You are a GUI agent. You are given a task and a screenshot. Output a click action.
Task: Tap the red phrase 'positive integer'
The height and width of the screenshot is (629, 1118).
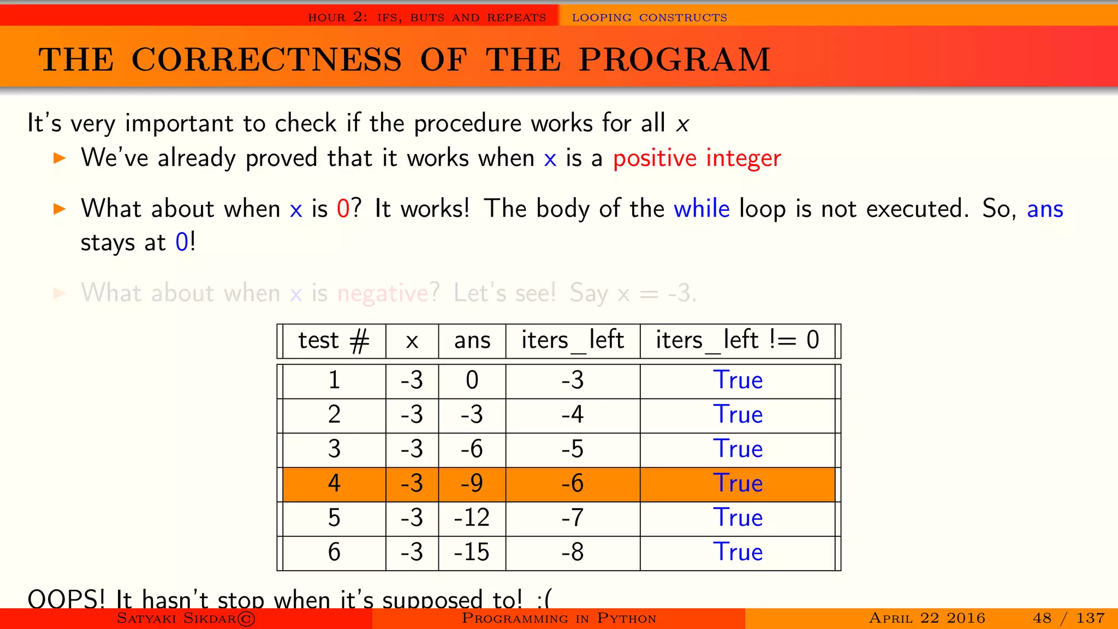point(697,158)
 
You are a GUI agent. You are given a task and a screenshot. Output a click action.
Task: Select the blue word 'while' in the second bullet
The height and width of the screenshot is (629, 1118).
point(701,209)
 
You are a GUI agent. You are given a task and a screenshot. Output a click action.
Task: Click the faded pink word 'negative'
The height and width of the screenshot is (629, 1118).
point(383,293)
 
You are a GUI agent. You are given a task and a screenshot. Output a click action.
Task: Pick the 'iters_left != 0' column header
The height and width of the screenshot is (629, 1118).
point(737,340)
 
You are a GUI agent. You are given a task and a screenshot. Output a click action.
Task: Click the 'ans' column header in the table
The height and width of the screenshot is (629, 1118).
point(472,340)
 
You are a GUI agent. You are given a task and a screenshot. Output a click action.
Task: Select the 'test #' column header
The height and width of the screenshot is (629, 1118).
point(334,340)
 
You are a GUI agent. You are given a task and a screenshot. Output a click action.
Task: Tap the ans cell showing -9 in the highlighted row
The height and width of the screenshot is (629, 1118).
point(472,484)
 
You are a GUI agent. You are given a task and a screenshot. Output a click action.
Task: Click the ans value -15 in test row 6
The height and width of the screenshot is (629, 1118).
point(472,552)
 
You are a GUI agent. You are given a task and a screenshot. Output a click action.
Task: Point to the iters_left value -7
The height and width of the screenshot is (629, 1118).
point(573,518)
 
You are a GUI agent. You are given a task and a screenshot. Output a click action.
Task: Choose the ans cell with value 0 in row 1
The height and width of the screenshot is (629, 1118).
point(472,381)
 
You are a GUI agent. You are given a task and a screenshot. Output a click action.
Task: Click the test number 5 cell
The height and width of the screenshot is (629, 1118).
point(334,518)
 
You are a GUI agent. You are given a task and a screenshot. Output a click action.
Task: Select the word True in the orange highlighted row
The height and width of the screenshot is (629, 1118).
point(738,484)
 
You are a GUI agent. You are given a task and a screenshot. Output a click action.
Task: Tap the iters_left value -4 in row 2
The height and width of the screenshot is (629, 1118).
point(573,415)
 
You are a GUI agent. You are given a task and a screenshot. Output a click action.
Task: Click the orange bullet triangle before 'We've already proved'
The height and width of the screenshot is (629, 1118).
point(60,159)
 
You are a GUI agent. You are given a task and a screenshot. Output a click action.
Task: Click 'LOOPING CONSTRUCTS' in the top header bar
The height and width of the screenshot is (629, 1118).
point(649,17)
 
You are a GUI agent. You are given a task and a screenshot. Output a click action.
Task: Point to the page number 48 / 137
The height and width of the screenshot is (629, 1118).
point(1068,618)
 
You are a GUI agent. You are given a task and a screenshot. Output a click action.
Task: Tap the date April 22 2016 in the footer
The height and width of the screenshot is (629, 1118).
point(927,618)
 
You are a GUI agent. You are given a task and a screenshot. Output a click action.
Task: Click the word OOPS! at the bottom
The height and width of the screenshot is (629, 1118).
point(66,599)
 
